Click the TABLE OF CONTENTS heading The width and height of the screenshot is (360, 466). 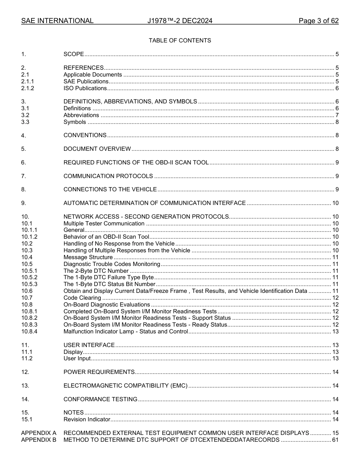(180, 41)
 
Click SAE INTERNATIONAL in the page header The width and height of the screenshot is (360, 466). (57, 21)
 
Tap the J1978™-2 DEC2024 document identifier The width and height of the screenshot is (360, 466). (180, 21)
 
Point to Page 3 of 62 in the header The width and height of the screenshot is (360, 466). (318, 21)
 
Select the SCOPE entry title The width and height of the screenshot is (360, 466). (74, 54)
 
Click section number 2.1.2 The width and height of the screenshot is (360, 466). (28, 88)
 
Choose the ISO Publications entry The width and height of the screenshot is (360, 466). (85, 88)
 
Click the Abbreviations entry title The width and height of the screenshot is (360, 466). (81, 115)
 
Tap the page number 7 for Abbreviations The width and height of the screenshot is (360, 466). (337, 115)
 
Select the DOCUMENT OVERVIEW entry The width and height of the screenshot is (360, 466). (97, 149)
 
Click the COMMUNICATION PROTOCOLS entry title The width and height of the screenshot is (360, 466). (108, 176)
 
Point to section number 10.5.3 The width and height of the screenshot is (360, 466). (29, 284)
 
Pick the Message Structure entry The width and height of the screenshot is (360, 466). (88, 257)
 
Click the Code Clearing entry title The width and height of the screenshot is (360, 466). (82, 298)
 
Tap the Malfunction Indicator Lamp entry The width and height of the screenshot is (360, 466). (125, 332)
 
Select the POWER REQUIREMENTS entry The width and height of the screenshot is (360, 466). (99, 372)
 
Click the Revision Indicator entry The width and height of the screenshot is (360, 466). (87, 419)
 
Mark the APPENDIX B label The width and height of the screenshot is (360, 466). (39, 439)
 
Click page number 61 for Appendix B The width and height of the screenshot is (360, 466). (335, 439)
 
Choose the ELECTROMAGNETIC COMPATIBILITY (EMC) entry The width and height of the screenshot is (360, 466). (125, 386)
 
